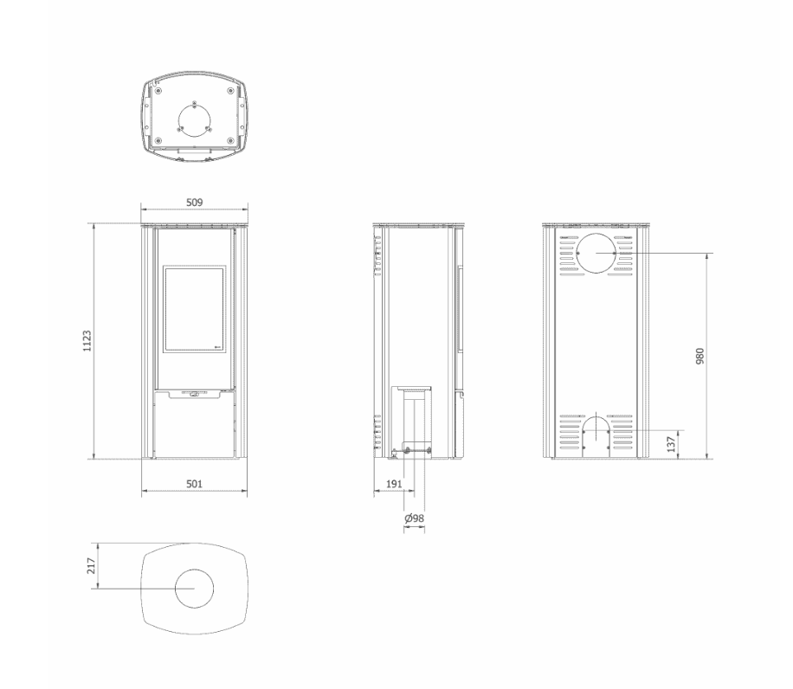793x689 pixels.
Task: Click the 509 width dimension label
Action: (x=195, y=202)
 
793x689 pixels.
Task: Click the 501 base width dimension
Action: (x=195, y=484)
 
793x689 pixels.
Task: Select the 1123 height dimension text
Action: (x=87, y=340)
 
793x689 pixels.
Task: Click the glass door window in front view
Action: (x=195, y=309)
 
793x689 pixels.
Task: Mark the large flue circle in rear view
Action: (x=596, y=254)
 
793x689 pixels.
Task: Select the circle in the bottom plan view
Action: (x=195, y=590)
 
